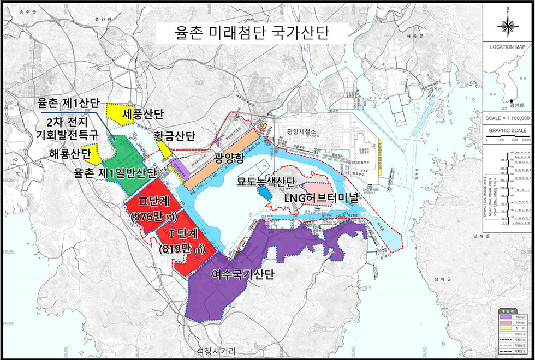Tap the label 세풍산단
(144, 115)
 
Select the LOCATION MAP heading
(508, 47)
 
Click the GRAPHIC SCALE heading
(508, 131)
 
